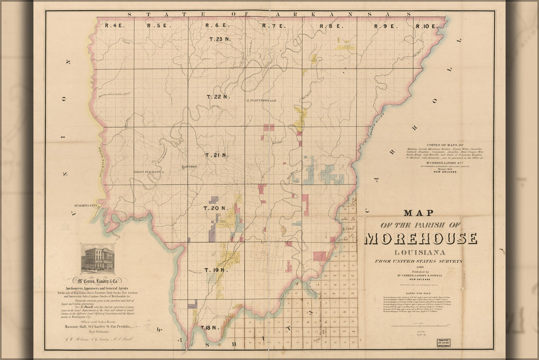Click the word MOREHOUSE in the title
421,239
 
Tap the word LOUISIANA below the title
420,252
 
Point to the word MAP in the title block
419,212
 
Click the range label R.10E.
426,26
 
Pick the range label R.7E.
272,26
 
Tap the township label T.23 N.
220,39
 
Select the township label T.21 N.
216,155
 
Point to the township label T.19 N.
214,270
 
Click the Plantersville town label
263,101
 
